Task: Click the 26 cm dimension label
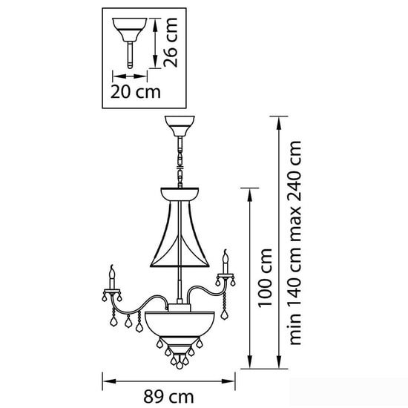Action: (171, 43)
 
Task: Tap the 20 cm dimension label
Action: (136, 92)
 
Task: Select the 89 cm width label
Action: (168, 397)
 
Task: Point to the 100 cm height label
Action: (265, 278)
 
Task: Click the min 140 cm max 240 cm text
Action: (295, 243)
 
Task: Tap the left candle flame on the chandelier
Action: (112, 272)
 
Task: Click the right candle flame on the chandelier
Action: (226, 256)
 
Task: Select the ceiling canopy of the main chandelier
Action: (180, 126)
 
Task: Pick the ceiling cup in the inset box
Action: (130, 30)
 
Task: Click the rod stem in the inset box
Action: (130, 55)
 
